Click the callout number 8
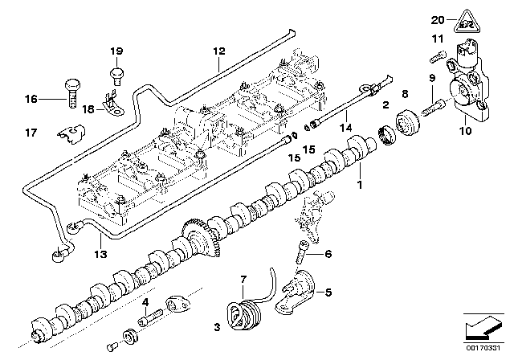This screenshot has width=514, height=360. coord(405,94)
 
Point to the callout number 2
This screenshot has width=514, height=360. coord(386,104)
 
